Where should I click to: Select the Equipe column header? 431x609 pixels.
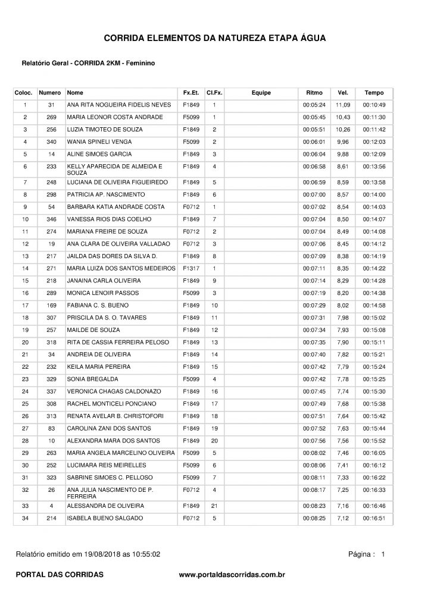click(261, 93)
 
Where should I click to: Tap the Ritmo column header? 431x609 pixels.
click(314, 93)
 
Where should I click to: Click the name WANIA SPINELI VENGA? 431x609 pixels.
click(99, 142)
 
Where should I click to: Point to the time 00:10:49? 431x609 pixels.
click(374, 105)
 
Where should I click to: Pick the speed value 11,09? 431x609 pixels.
click(342, 105)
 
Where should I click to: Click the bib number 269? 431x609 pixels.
click(51, 117)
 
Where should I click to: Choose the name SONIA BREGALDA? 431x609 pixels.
click(93, 379)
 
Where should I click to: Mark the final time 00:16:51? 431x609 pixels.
click(374, 518)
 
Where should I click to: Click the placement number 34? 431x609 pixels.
click(25, 518)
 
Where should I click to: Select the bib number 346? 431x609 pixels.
click(51, 219)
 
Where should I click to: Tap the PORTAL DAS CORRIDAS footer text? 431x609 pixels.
click(59, 575)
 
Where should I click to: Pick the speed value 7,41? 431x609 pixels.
click(342, 464)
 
